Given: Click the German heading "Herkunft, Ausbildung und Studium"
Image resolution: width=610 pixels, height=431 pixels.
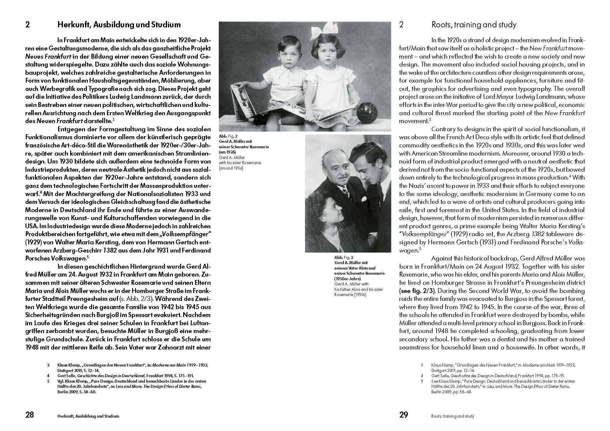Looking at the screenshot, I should point(119,25).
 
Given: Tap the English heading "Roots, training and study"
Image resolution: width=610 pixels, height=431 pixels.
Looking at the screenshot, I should point(474,25).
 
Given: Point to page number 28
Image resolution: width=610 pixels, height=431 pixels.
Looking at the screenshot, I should point(29,415).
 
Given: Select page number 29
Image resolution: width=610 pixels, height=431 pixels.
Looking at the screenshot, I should point(404,415).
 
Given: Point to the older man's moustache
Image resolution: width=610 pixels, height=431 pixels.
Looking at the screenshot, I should point(342,177).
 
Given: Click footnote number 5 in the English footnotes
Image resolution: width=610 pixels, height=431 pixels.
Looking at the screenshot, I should point(422,381).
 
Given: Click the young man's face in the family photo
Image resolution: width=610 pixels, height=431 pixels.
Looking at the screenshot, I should point(368,170).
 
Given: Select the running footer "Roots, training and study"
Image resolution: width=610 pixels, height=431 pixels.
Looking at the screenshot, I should point(453,416).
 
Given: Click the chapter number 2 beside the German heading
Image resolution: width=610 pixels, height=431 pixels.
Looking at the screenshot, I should point(28,25).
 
